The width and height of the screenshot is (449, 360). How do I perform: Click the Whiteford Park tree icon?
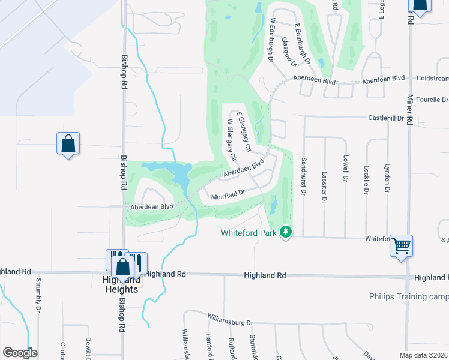(x=286, y=232)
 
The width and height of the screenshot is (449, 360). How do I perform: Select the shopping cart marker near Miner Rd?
(x=401, y=245)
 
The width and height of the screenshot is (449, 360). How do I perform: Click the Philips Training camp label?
(x=408, y=296)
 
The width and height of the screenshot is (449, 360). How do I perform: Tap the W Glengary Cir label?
(x=231, y=140)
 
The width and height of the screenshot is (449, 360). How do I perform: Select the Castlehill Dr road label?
(x=423, y=118)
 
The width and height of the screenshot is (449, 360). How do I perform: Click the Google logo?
(x=20, y=353)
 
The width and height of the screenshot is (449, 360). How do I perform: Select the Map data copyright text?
(x=423, y=355)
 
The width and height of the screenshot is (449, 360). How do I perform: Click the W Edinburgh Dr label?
(x=271, y=40)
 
